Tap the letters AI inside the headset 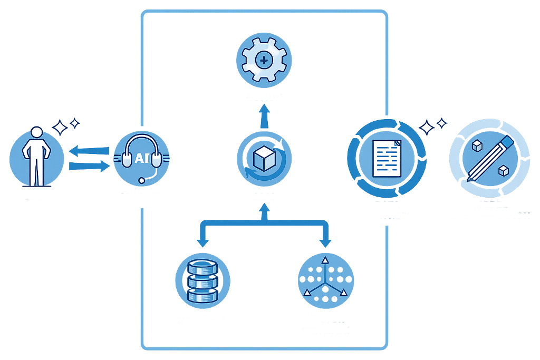[142, 158]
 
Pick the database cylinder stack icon [202, 280]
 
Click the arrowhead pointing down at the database [202, 242]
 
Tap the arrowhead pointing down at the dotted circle [325, 242]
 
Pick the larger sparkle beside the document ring [427, 128]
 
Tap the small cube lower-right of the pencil [504, 170]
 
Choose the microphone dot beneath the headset [142, 181]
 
